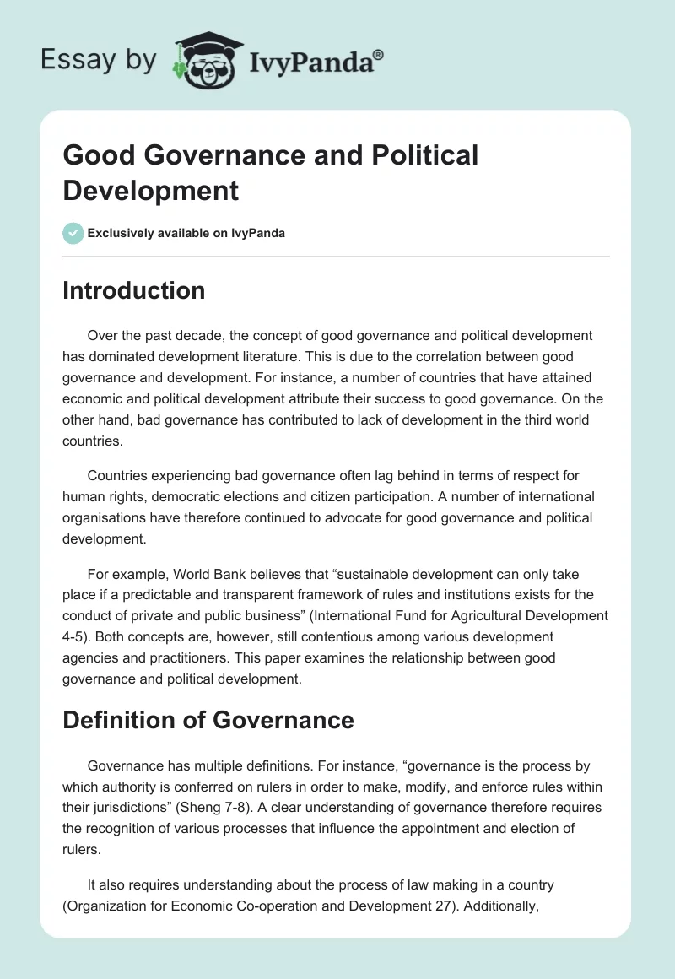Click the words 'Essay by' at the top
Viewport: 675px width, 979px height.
[x=98, y=60]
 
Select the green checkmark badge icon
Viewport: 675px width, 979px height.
[x=73, y=233]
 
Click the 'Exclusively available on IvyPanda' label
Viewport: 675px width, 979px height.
[x=186, y=233]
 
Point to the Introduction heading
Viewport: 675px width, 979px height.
[x=133, y=290]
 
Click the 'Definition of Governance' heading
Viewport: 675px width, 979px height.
[x=208, y=720]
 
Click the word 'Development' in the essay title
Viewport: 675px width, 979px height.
[x=151, y=191]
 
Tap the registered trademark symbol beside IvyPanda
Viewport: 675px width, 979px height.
[x=379, y=53]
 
